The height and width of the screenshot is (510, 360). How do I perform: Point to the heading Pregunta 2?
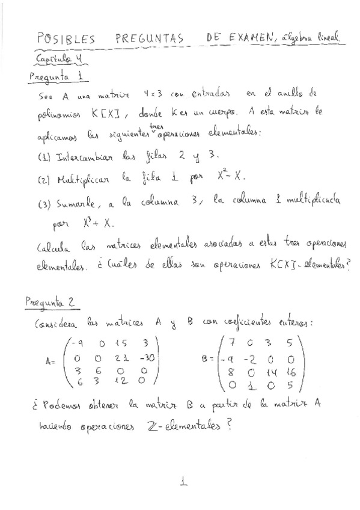point(53,304)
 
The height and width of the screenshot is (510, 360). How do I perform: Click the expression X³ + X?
point(97,223)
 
